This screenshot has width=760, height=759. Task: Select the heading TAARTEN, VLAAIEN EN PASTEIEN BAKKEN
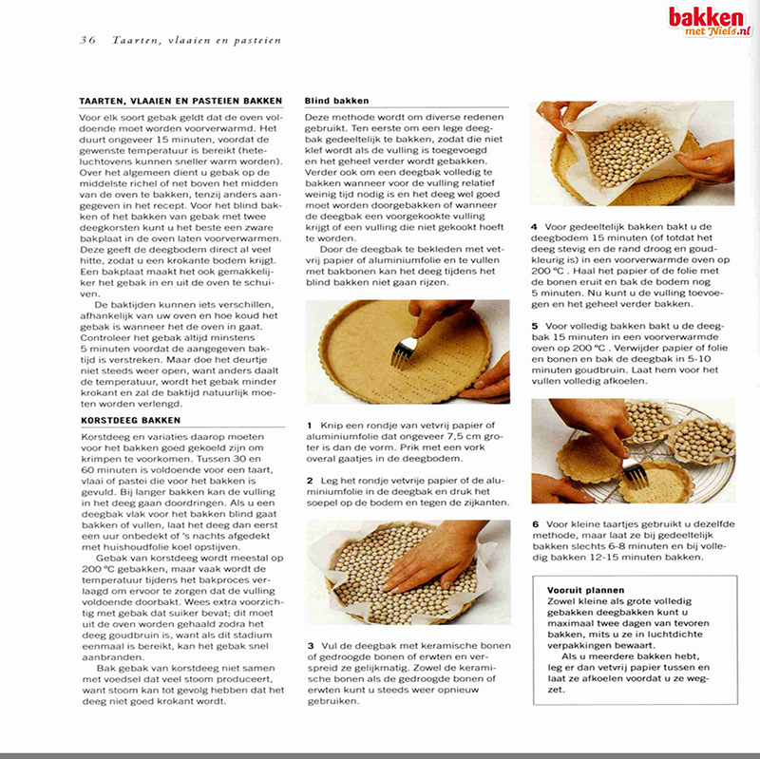click(180, 101)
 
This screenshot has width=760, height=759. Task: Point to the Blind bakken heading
click(337, 101)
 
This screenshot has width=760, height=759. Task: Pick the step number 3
click(310, 646)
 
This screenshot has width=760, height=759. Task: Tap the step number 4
click(535, 227)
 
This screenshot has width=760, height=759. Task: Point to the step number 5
click(535, 325)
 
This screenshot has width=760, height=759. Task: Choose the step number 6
click(535, 523)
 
